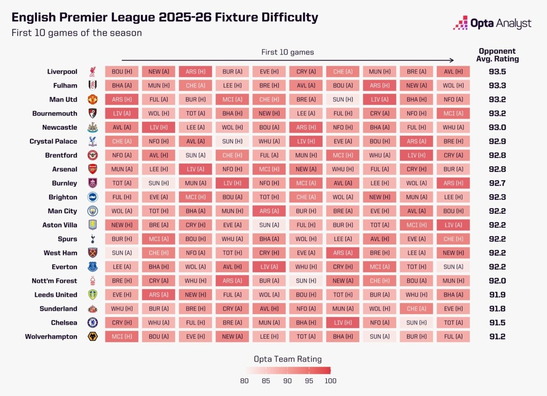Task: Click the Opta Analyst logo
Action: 492,23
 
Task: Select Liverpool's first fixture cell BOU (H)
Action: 122,72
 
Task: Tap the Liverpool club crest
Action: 93,72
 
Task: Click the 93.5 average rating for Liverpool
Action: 498,72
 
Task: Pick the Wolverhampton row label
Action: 51,337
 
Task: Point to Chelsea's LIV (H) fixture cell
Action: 343,323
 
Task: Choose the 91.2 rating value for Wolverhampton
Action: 498,337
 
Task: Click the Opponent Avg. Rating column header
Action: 498,55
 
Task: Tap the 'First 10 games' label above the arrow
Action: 287,52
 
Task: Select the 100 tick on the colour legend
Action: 331,381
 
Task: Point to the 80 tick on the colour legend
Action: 245,381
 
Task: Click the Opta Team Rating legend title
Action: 287,359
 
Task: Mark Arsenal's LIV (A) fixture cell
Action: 196,169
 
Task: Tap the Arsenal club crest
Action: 93,169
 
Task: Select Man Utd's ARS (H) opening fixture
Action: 122,99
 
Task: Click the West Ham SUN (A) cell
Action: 122,253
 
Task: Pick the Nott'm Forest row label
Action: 54,281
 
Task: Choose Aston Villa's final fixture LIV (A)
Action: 454,225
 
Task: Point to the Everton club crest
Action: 93,267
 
